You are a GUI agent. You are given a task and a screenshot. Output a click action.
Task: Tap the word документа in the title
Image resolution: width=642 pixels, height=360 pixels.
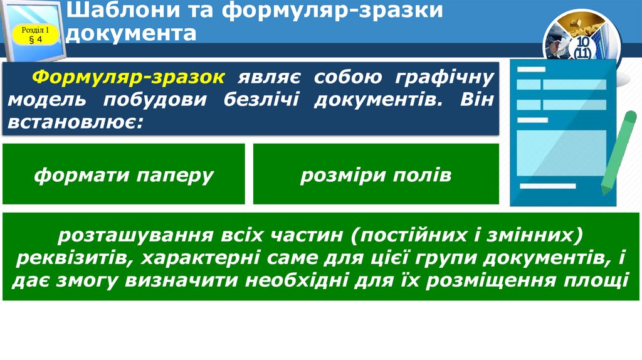click(130, 32)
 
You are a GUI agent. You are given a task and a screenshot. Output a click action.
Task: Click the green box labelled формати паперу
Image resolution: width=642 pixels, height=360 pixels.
click(124, 174)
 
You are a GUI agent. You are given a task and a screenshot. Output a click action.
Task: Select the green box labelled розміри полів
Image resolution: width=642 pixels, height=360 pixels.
click(376, 174)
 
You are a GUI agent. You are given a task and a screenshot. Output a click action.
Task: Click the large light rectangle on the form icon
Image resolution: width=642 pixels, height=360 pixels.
click(561, 152)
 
